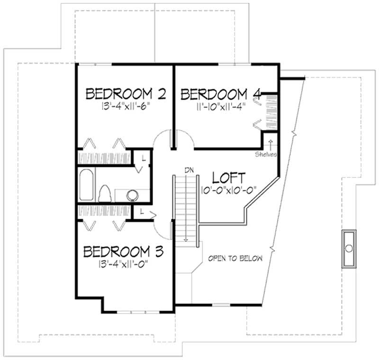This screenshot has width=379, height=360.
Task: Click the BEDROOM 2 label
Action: point(126,94)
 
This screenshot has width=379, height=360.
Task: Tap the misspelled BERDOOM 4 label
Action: point(221,94)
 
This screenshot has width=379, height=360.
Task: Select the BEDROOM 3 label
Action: point(124,251)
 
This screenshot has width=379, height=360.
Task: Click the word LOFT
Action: point(229,178)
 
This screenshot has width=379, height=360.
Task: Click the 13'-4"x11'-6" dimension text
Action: point(129,107)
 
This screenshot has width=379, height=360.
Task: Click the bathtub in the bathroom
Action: point(86,185)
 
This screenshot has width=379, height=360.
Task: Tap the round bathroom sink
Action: point(132,194)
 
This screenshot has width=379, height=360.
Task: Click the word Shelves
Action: point(265,155)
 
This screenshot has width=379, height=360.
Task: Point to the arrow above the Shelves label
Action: point(271,143)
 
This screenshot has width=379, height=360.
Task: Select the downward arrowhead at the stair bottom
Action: point(186,240)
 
